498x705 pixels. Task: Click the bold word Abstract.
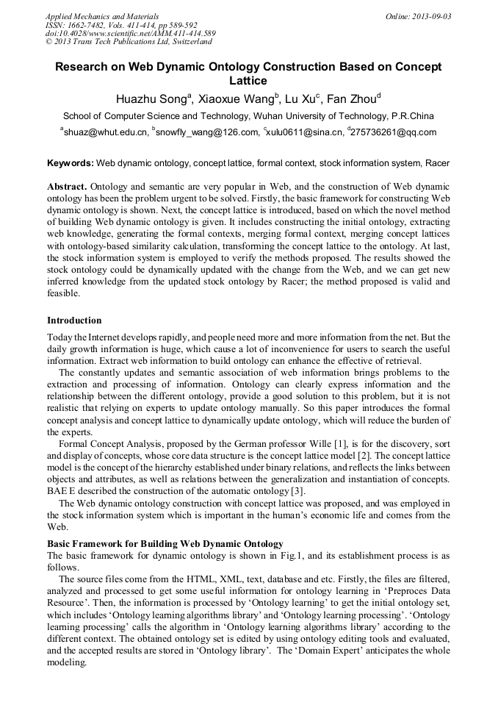point(67,187)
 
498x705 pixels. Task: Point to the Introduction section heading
point(74,321)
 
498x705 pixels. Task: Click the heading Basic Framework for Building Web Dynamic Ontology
point(165,544)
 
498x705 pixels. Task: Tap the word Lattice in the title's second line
point(248,81)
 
